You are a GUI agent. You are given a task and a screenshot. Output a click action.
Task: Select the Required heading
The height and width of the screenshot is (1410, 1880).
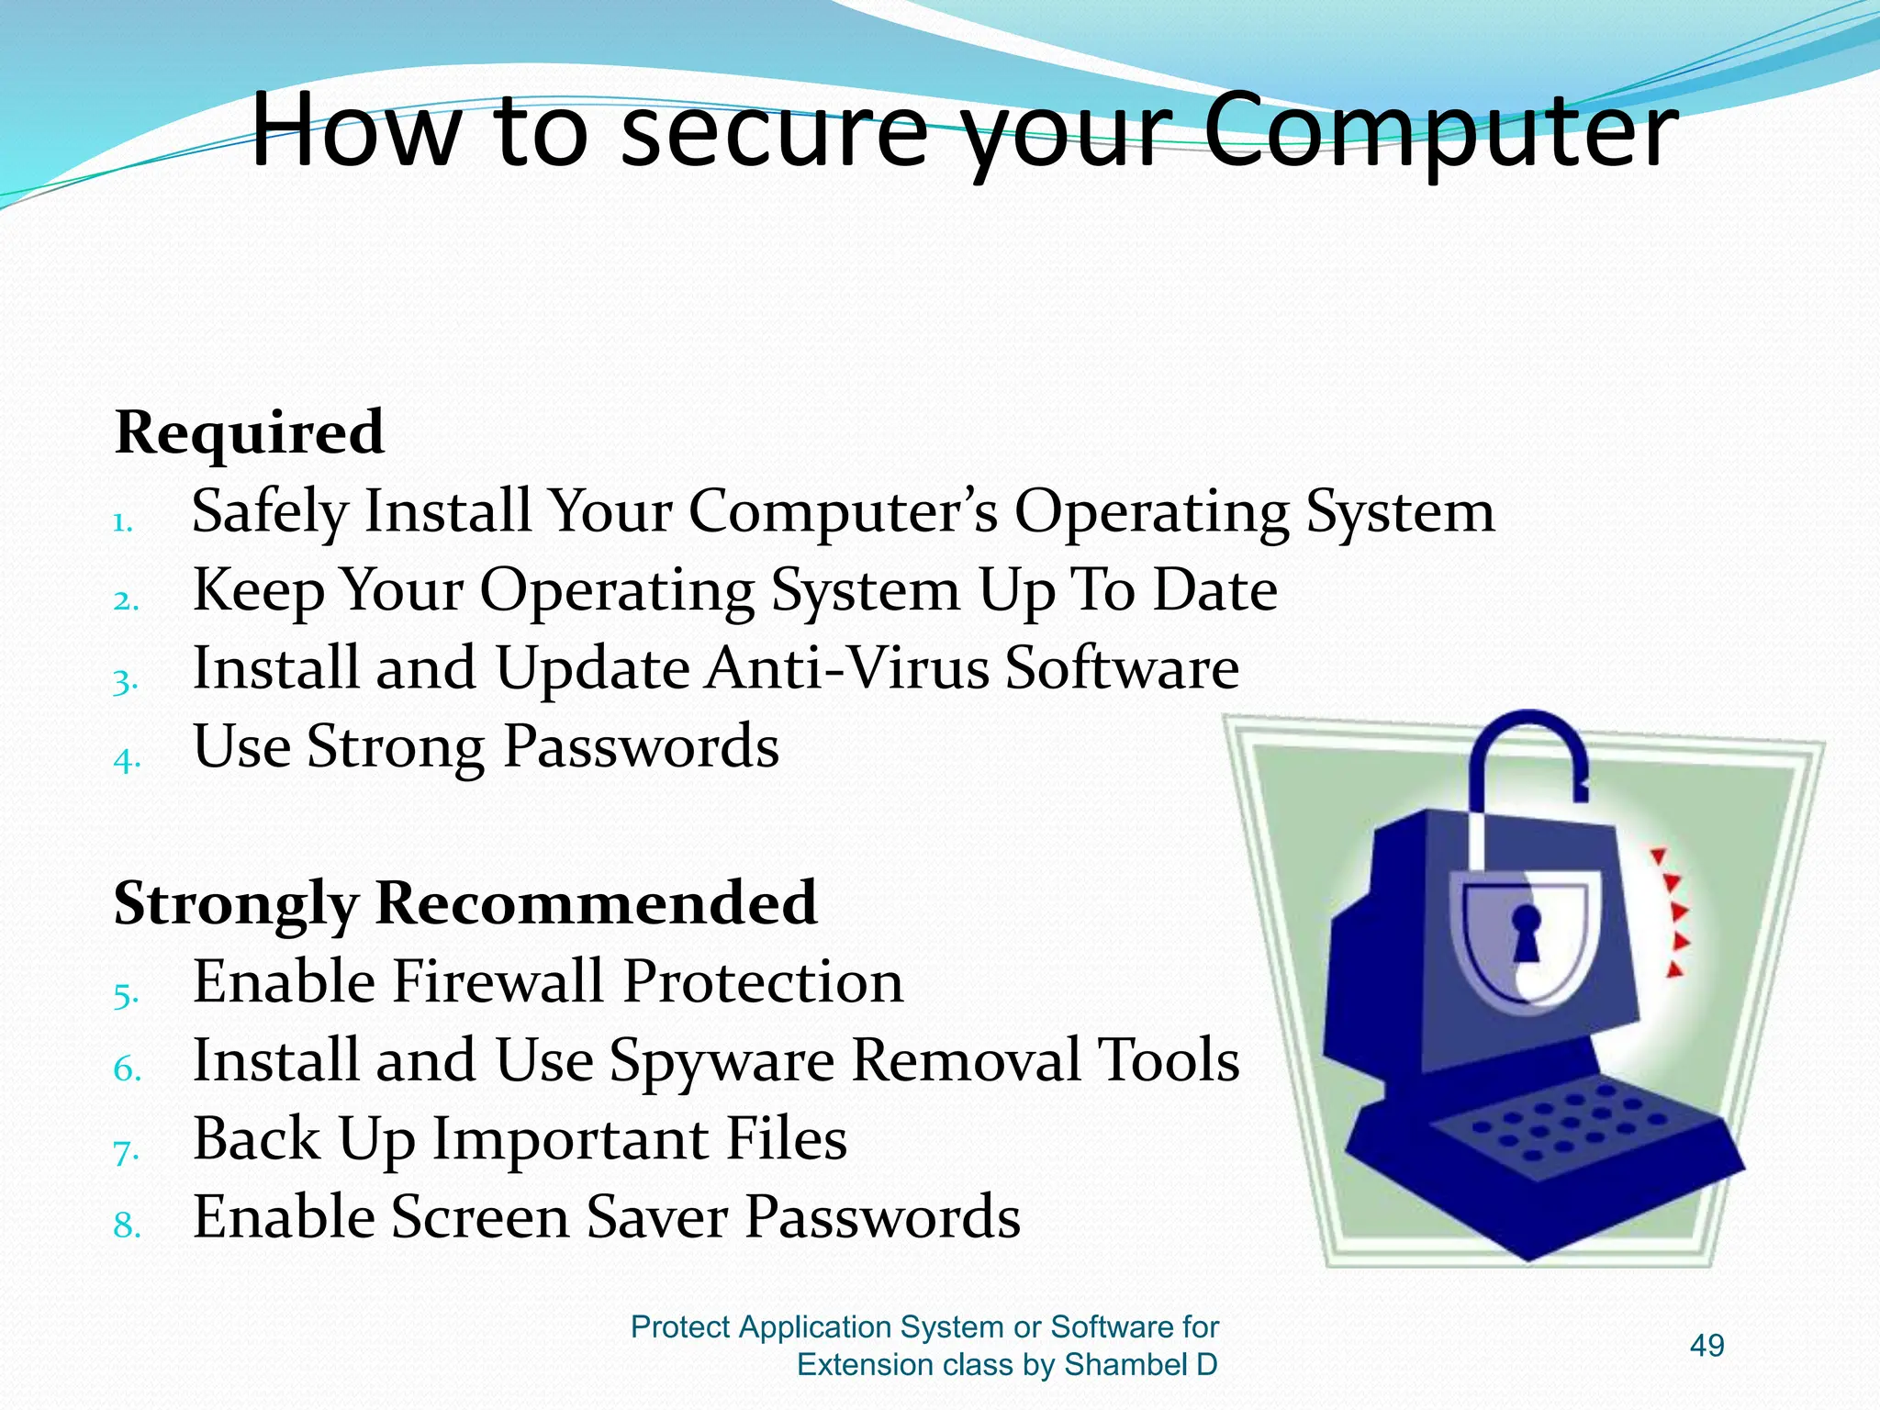pyautogui.click(x=249, y=432)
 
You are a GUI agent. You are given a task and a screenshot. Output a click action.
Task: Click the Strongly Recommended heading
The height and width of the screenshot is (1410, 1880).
pyautogui.click(x=464, y=902)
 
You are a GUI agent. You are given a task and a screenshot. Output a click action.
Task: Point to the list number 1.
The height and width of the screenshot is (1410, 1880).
pyautogui.click(x=123, y=524)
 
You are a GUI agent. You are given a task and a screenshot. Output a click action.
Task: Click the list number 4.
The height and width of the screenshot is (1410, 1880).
pyautogui.click(x=127, y=760)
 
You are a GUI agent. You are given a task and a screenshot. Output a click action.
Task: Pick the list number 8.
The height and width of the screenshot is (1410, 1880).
pyautogui.click(x=127, y=1226)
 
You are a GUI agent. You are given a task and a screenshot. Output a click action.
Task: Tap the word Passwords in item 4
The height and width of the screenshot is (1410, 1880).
pyautogui.click(x=641, y=746)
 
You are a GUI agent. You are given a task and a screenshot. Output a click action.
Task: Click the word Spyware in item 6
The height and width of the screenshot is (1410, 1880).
pyautogui.click(x=722, y=1061)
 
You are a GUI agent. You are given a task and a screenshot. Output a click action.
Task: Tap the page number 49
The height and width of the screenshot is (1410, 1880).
pyautogui.click(x=1707, y=1346)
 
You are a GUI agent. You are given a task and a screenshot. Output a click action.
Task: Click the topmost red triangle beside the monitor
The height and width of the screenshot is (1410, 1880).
pyautogui.click(x=1659, y=856)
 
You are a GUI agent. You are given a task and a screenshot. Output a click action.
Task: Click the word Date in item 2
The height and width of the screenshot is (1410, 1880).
pyautogui.click(x=1214, y=589)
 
